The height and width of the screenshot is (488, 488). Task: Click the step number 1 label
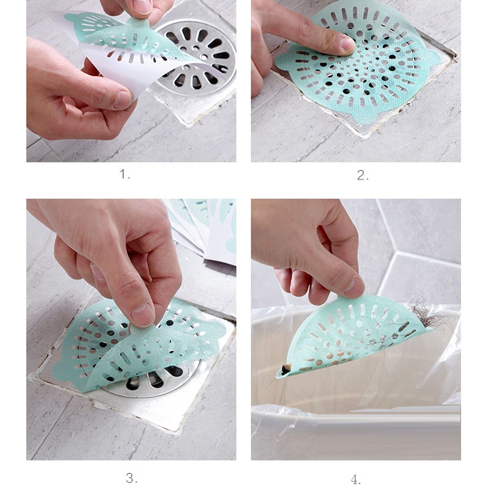point(124,174)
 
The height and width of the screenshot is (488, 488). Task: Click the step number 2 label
point(363,176)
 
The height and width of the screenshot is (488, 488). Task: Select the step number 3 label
point(131,478)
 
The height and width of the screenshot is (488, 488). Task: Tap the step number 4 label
point(356,479)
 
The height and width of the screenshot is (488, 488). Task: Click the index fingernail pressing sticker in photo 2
point(347,43)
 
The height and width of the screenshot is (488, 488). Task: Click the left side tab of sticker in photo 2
point(283,60)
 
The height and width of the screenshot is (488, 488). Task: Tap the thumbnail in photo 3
point(142,314)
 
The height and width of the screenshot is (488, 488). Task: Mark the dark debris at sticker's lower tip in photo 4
point(285,369)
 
